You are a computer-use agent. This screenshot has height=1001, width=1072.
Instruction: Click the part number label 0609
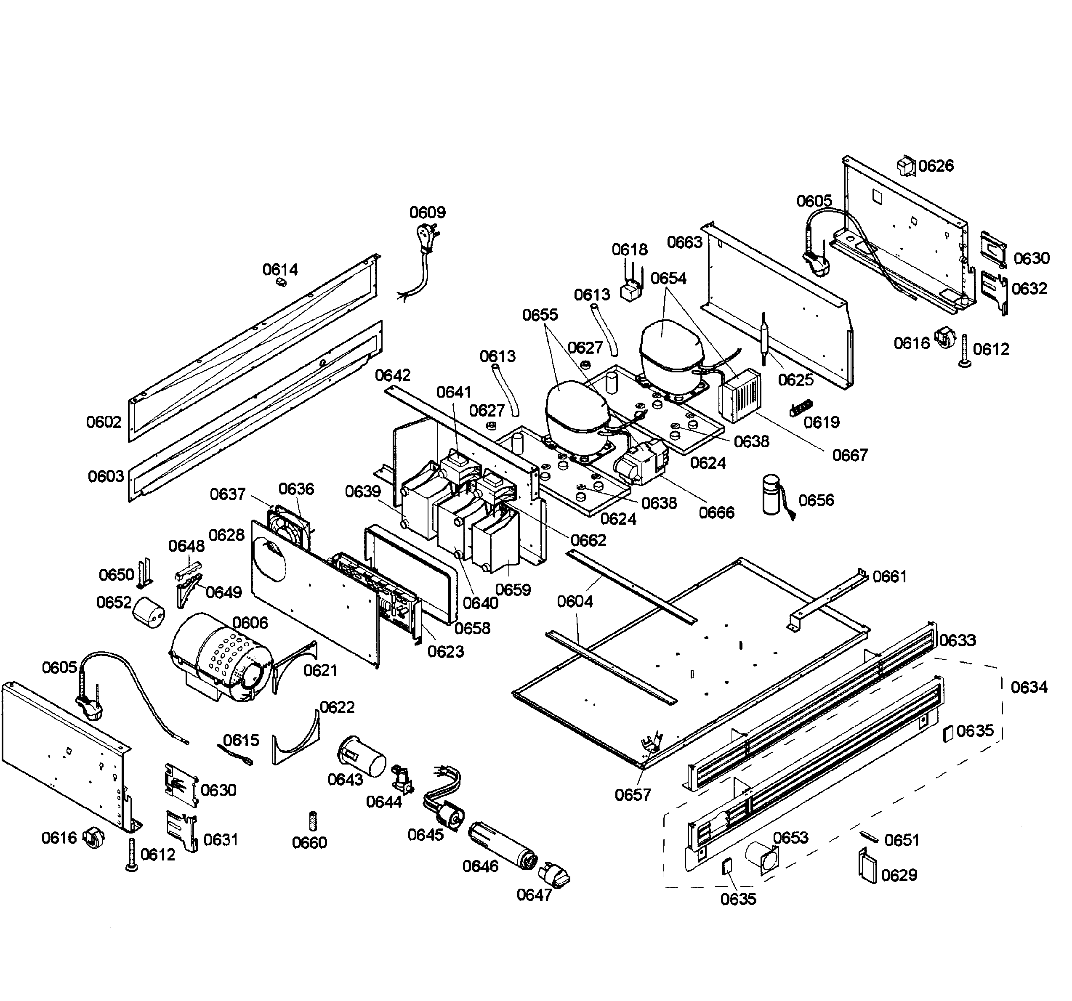coord(427,212)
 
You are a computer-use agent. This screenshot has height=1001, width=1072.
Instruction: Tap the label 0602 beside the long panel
coord(104,422)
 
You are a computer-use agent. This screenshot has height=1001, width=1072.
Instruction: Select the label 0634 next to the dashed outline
coord(1028,687)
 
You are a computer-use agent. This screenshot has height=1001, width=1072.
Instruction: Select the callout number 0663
coord(684,242)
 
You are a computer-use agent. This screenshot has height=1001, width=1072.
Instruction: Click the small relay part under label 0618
coord(631,292)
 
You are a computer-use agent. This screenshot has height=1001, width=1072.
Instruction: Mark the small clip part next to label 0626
coord(906,166)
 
